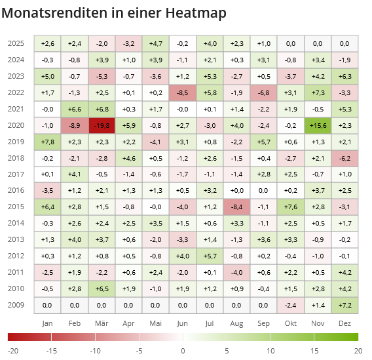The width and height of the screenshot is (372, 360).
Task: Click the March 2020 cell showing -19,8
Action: click(102, 125)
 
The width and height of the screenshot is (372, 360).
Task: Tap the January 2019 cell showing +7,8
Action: click(47, 142)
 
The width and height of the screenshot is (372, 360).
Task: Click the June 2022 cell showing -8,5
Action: click(183, 92)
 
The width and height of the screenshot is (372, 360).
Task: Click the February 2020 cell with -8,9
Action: click(74, 125)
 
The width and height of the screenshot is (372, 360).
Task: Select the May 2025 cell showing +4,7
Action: click(156, 43)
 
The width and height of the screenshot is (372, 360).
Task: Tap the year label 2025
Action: click(16, 43)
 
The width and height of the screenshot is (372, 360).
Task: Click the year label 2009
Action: click(16, 305)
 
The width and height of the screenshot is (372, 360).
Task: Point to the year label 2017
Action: click(16, 174)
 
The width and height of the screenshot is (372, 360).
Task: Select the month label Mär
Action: click(102, 323)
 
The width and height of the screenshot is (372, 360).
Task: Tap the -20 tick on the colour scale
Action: click(13, 351)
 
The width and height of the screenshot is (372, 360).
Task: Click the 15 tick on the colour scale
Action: click(314, 351)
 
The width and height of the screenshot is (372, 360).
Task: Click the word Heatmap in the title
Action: click(197, 12)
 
